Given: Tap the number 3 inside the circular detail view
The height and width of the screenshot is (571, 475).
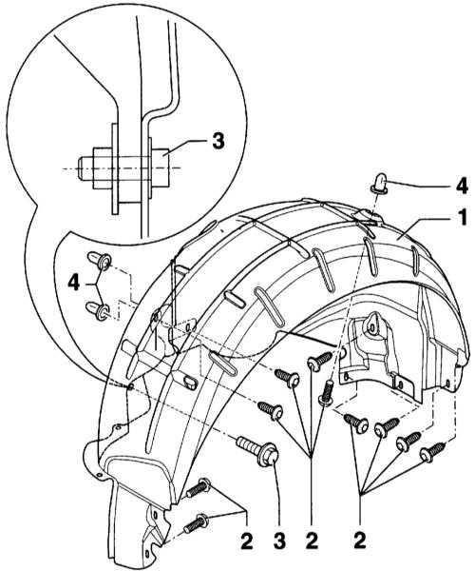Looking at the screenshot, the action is [218, 141].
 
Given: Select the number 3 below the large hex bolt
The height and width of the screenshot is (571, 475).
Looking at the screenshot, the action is [278, 541].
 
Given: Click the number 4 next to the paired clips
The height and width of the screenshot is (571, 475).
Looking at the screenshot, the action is [74, 283].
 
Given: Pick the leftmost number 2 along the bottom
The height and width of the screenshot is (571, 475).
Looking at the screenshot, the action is [246, 541].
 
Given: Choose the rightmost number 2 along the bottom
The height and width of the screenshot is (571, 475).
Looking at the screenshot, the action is [359, 541].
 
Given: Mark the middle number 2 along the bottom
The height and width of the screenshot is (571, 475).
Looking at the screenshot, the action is [312, 541].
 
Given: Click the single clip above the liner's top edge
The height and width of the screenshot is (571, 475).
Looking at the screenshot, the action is [380, 183].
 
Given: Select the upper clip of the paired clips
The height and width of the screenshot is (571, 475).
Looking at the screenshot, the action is [99, 260].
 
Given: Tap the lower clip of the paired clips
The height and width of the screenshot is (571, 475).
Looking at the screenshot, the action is [98, 310].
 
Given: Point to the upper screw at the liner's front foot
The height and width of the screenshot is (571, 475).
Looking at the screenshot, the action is [198, 488].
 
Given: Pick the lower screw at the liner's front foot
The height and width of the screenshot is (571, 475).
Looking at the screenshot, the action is [197, 523].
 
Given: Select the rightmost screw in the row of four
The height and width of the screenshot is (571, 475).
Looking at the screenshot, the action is [432, 452].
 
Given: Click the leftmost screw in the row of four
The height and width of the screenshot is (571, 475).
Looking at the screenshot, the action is [356, 423].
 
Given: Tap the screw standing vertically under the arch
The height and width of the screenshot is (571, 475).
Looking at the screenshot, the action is [327, 392].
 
